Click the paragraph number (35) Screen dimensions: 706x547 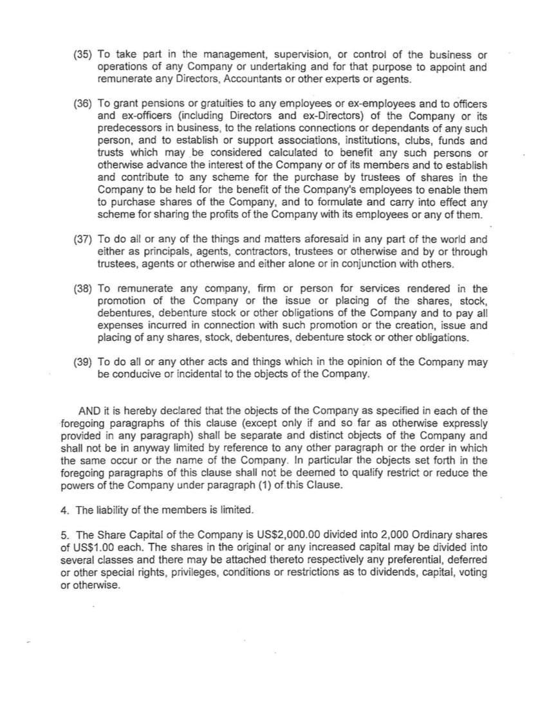click(84, 55)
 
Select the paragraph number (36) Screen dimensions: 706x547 click(84, 104)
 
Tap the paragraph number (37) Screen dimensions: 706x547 click(84, 239)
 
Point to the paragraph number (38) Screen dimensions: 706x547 click(84, 289)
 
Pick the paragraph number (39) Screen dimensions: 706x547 click(84, 361)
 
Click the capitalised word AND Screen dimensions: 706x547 click(89, 411)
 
